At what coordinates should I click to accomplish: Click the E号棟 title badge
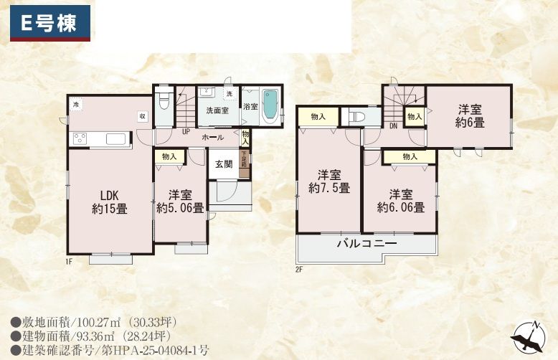coord(49,22)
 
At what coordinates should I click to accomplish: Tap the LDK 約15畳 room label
coord(109,202)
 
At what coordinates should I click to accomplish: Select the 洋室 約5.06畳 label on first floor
coord(180,202)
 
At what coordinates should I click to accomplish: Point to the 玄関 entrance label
coord(223,164)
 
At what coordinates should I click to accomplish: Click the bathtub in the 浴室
coord(270,105)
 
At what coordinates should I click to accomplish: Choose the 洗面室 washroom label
coord(217,111)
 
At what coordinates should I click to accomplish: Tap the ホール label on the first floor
coord(212,137)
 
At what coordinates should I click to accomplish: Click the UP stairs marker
coord(186,132)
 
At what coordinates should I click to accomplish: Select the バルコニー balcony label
coord(367,244)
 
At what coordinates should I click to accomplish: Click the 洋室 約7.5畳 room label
coord(329,181)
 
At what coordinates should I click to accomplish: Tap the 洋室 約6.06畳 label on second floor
coord(401,201)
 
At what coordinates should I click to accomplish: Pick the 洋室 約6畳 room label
coord(470,115)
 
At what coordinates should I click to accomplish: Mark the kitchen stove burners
coord(80,138)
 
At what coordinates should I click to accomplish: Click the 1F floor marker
coord(70,261)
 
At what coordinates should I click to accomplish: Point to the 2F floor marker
coord(299,270)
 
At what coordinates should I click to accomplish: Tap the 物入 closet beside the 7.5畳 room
coord(318,116)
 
